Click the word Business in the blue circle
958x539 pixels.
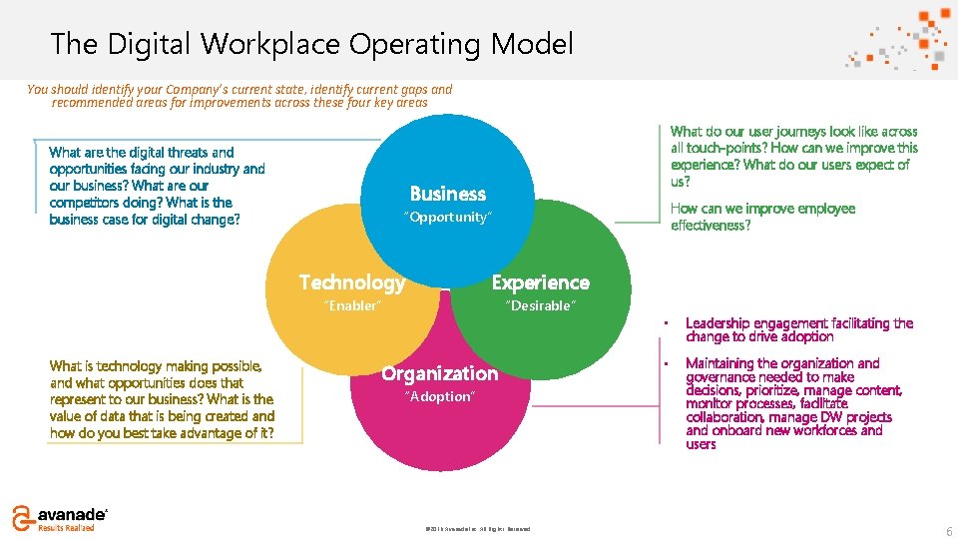pyautogui.click(x=448, y=194)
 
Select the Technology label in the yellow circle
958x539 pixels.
pyautogui.click(x=352, y=282)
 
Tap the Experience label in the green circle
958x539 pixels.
pyautogui.click(x=540, y=282)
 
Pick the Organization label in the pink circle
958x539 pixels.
pyautogui.click(x=439, y=373)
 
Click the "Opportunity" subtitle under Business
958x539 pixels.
pyautogui.click(x=448, y=217)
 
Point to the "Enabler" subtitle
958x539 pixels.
pyautogui.click(x=352, y=305)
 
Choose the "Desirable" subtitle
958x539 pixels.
pyautogui.click(x=540, y=305)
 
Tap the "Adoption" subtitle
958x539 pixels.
pyautogui.click(x=439, y=396)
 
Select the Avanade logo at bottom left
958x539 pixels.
pyautogui.click(x=58, y=517)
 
